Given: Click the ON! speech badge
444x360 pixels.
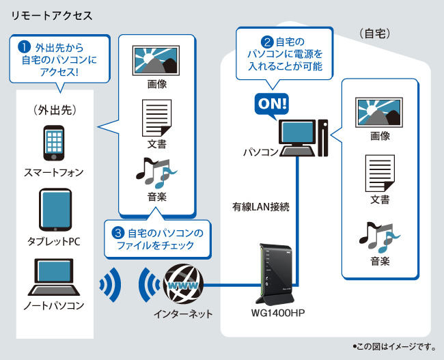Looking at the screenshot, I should pyautogui.click(x=271, y=103).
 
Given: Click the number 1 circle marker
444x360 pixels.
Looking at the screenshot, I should pyautogui.click(x=24, y=48).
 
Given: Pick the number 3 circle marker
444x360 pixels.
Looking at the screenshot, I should pyautogui.click(x=118, y=233).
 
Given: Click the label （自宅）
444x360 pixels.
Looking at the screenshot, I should pyautogui.click(x=374, y=33).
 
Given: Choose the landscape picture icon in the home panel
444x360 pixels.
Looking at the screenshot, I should pyautogui.click(x=380, y=111).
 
